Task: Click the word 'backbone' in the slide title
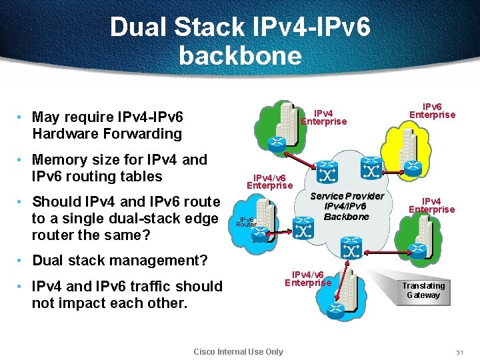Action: tap(240, 55)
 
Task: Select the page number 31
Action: tap(459, 352)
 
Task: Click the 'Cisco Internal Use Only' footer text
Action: tap(238, 352)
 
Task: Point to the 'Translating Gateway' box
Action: tap(423, 290)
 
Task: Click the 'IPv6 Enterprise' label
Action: tap(432, 110)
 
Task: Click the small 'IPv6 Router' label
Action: tap(246, 222)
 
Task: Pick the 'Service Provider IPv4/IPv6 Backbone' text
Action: tap(347, 206)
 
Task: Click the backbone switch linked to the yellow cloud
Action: tap(371, 169)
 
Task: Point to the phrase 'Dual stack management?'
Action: tap(111, 260)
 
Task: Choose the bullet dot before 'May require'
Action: tap(22, 117)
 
